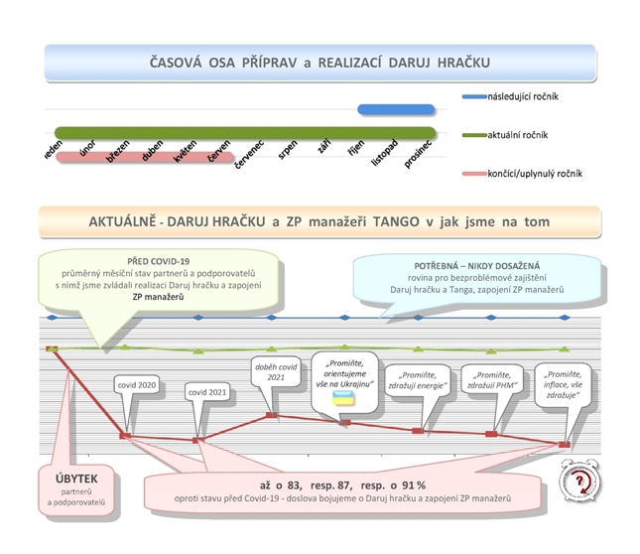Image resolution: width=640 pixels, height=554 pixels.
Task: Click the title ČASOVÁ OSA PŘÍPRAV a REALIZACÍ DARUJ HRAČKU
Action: (x=320, y=63)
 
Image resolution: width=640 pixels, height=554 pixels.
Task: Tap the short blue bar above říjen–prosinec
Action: (x=396, y=109)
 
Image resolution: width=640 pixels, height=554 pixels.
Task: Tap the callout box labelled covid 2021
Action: (x=208, y=392)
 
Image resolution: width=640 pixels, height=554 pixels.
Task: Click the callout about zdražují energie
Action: (x=420, y=381)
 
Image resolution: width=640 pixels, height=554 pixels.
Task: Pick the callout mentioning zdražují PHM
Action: (x=492, y=380)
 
